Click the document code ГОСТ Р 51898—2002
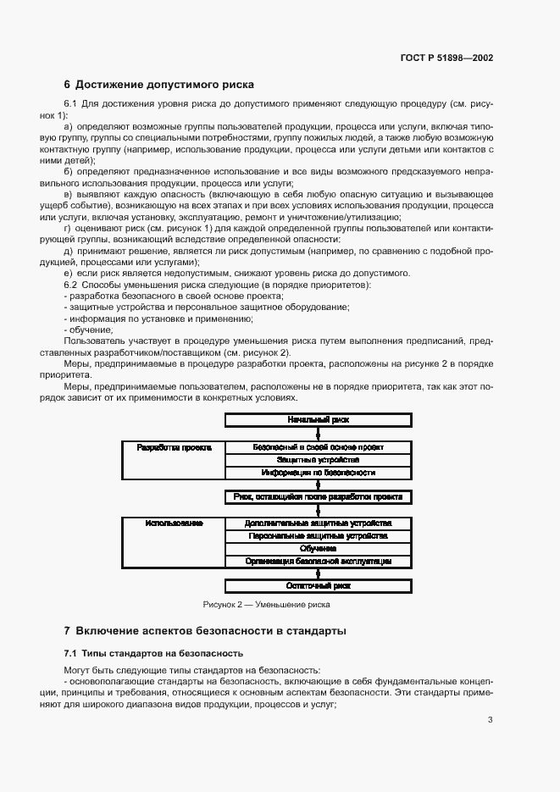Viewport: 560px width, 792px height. point(446,58)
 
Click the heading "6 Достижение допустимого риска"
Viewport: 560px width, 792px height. point(159,85)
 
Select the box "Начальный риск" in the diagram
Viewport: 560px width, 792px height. point(318,419)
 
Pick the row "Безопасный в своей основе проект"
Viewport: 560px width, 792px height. point(318,446)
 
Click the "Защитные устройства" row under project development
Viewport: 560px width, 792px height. point(318,459)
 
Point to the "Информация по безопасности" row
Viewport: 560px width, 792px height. point(318,473)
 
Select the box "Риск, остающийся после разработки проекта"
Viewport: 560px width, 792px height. point(318,497)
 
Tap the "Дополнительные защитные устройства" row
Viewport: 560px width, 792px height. point(318,523)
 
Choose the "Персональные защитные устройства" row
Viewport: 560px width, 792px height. point(318,536)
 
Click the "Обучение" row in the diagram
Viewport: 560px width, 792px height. point(318,549)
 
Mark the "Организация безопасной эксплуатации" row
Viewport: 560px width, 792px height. point(318,562)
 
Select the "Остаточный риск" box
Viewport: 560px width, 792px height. point(318,586)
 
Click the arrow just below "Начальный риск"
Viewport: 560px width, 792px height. point(318,433)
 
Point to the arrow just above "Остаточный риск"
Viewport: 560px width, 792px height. point(318,573)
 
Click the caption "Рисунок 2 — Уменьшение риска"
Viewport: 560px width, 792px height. point(266,605)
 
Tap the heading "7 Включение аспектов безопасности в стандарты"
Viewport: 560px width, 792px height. point(205,631)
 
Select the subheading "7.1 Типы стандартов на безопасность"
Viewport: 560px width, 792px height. point(153,653)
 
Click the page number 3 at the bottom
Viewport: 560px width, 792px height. point(490,721)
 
